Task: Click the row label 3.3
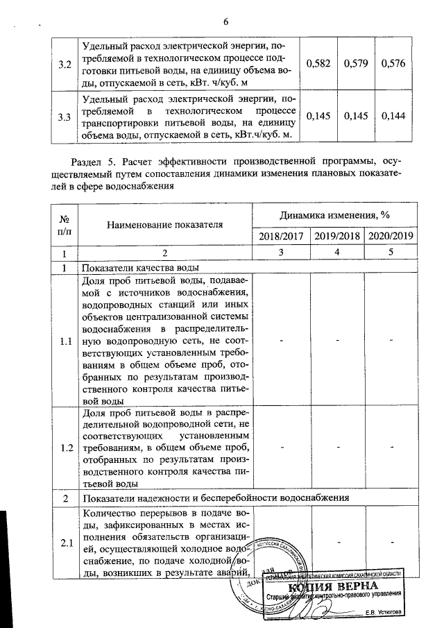click(x=65, y=116)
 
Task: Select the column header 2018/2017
click(x=281, y=235)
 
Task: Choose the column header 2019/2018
click(x=336, y=235)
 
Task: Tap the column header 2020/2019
click(x=391, y=235)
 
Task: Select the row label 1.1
click(x=66, y=341)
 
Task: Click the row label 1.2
click(x=66, y=448)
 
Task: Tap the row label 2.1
click(x=66, y=542)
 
